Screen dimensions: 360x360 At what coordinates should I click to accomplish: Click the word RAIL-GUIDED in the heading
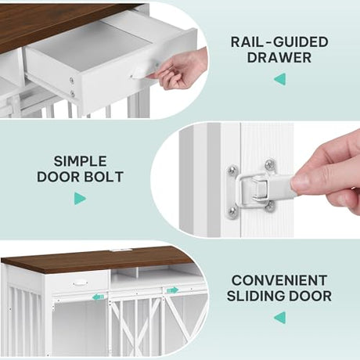point(279,42)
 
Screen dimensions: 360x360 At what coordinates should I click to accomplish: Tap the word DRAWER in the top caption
point(279,58)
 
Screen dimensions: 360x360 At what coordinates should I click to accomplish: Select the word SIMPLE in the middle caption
point(80,161)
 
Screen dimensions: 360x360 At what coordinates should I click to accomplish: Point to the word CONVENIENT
point(279,281)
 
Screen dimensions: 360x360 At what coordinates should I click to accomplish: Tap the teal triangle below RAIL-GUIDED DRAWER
point(280,79)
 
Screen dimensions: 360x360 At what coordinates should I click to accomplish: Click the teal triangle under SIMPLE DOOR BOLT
point(80,199)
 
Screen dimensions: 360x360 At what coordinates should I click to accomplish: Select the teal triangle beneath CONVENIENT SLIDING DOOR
point(280,318)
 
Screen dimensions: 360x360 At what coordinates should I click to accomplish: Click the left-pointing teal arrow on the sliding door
point(98,297)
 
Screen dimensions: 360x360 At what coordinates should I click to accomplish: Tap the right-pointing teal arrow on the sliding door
point(172,290)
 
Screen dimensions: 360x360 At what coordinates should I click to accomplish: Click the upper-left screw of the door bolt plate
point(232,170)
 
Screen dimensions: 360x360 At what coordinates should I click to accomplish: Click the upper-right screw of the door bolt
point(270,164)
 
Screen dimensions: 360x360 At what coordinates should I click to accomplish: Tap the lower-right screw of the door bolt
point(270,206)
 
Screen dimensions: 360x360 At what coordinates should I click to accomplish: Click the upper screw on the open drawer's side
point(71,81)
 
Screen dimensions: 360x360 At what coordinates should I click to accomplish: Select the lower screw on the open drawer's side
point(72,94)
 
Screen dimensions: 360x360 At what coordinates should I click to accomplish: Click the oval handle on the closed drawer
point(80,283)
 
